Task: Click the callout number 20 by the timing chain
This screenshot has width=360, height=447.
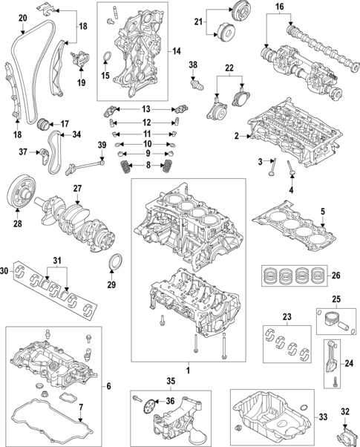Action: pos(22,17)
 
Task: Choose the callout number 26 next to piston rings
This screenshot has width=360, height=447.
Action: pos(336,276)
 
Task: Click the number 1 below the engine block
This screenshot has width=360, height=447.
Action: pos(188,369)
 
